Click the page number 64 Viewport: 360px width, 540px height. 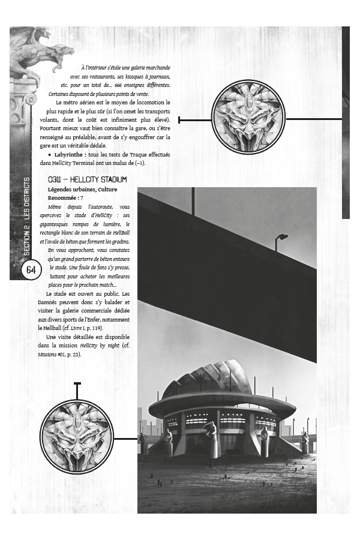tap(31, 270)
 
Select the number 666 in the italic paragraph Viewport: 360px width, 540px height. tap(128, 85)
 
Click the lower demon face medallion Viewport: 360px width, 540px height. tap(77, 436)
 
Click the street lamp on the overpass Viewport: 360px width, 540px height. tap(281, 238)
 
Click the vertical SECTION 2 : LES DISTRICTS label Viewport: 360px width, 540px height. tap(27, 216)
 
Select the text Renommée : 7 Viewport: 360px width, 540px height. tap(65, 197)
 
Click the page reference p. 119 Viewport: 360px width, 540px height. tap(94, 328)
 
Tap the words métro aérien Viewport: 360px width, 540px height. tap(83, 103)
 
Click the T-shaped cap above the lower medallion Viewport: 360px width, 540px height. tap(77, 383)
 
